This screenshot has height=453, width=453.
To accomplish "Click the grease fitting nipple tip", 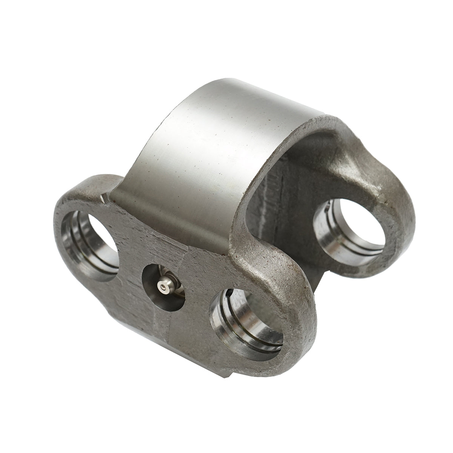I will (163, 289).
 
